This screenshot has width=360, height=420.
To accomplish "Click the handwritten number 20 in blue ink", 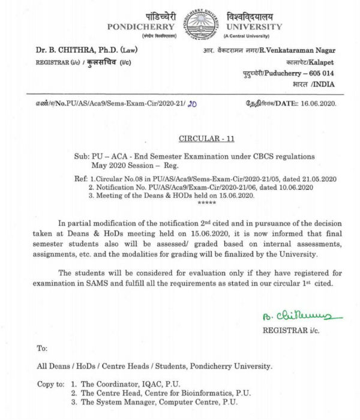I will click(x=193, y=103).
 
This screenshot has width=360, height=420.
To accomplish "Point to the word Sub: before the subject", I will click(x=75, y=156).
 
